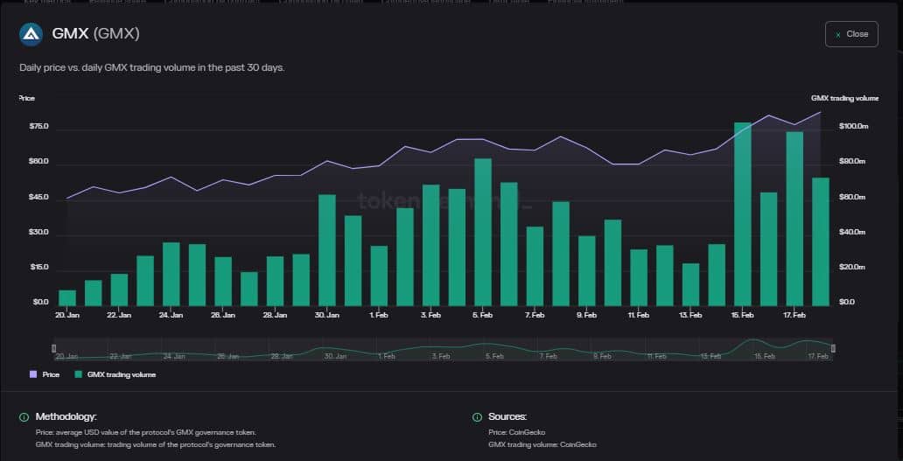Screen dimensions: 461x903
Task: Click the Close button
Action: (850, 34)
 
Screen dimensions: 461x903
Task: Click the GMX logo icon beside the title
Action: (31, 34)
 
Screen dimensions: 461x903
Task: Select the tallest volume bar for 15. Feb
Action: (743, 213)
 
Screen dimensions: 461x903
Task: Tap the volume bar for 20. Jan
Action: (67, 297)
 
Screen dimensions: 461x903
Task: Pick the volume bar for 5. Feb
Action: (483, 232)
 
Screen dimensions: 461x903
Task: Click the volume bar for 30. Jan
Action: (327, 249)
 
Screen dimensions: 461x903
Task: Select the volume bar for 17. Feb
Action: (794, 218)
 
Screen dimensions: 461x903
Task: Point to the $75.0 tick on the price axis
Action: (39, 128)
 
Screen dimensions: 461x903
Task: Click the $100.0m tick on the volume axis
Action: (853, 127)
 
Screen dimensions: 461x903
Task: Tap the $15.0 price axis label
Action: (39, 268)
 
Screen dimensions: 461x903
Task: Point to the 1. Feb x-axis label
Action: (379, 314)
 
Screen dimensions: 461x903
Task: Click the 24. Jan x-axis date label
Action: (171, 314)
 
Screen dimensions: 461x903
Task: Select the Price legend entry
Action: (45, 374)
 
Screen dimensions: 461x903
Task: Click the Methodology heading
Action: (66, 417)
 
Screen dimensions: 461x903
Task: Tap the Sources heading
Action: (507, 417)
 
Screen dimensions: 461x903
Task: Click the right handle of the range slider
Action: (833, 348)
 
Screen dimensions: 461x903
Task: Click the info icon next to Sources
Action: (477, 417)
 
